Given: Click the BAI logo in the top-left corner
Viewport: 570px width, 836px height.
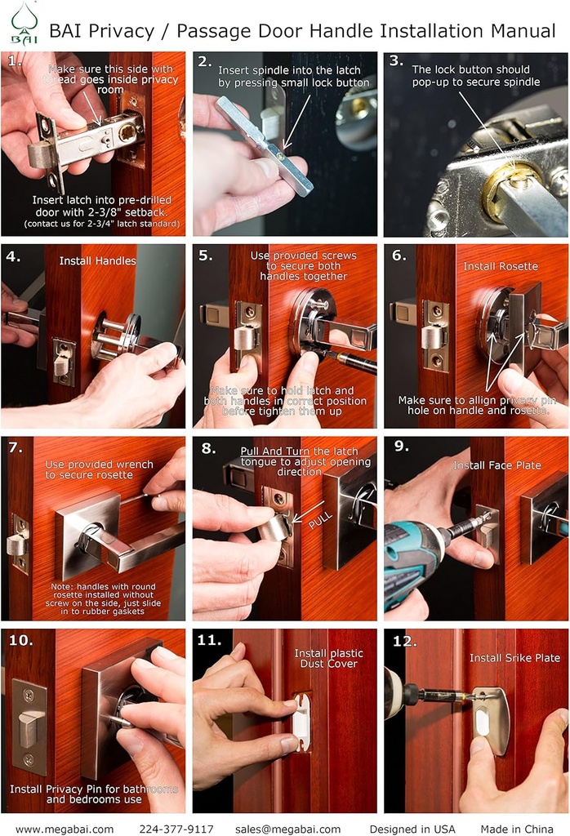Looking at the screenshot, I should [x=22, y=24].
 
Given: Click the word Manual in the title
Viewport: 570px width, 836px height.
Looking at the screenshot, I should [x=523, y=32].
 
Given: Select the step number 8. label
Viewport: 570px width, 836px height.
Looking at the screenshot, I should [x=208, y=447].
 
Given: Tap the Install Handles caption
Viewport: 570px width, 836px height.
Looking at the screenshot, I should [x=97, y=261].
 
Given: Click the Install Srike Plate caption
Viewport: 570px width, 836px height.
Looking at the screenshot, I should [x=514, y=657].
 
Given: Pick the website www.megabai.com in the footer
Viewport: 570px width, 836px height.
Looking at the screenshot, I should [x=65, y=829].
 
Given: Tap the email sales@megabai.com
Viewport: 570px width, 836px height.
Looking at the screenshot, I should [x=287, y=829].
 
